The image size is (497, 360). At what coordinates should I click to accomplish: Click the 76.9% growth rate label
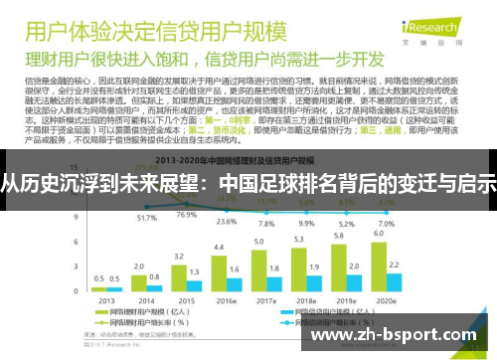click(x=186, y=215)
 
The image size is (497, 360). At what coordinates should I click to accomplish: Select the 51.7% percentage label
click(x=147, y=217)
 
